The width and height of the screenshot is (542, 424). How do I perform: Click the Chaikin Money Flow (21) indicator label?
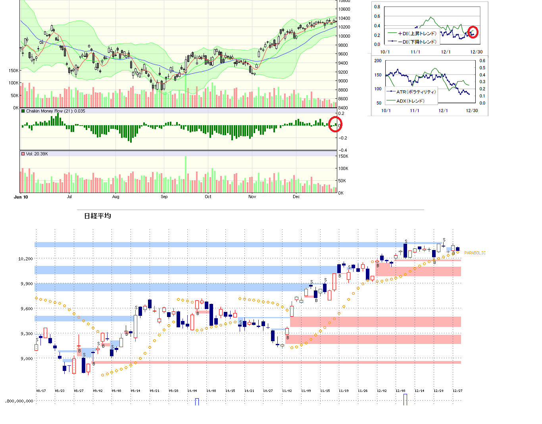click(55, 111)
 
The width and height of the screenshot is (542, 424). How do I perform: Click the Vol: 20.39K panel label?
click(37, 154)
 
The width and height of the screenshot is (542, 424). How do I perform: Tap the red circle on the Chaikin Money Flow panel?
click(335, 124)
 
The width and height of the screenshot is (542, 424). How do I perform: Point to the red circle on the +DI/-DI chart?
click(473, 32)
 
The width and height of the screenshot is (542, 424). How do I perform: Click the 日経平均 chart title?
click(98, 216)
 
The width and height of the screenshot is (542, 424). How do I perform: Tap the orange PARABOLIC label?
click(475, 253)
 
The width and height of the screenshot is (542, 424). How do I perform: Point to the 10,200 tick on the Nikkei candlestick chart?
click(25, 259)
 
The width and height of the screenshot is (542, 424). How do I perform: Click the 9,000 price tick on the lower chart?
click(27, 359)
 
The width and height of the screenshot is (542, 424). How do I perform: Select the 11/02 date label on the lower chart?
click(287, 391)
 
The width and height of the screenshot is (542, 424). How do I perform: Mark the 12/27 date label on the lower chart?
click(457, 391)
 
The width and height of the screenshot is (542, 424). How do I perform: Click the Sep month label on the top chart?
click(164, 197)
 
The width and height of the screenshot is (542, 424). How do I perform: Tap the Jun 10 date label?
click(21, 197)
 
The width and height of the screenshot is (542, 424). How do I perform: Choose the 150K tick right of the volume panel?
click(343, 156)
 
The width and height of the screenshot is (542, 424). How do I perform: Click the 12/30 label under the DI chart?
click(477, 52)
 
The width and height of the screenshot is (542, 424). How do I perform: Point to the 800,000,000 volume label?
click(19, 401)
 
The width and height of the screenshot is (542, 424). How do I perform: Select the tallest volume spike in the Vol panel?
click(185, 174)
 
